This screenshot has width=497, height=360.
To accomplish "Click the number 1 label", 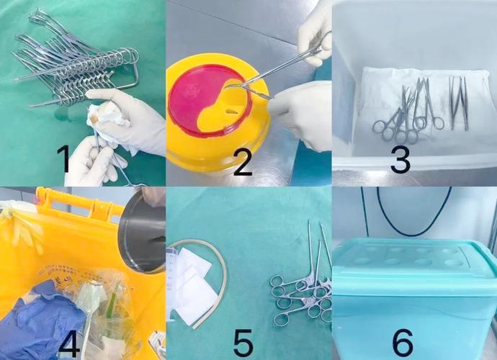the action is tap(63, 159).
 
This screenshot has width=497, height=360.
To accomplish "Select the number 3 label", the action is tap(400, 159).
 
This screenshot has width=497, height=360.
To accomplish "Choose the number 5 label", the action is tap(243, 343).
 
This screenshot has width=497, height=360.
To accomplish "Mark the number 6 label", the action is tap(403, 343).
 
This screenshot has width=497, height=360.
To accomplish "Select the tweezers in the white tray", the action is tap(459, 103).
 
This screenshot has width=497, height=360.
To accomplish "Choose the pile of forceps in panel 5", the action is tap(301, 285).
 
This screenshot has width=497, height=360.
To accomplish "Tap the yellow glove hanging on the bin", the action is tap(22, 228).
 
